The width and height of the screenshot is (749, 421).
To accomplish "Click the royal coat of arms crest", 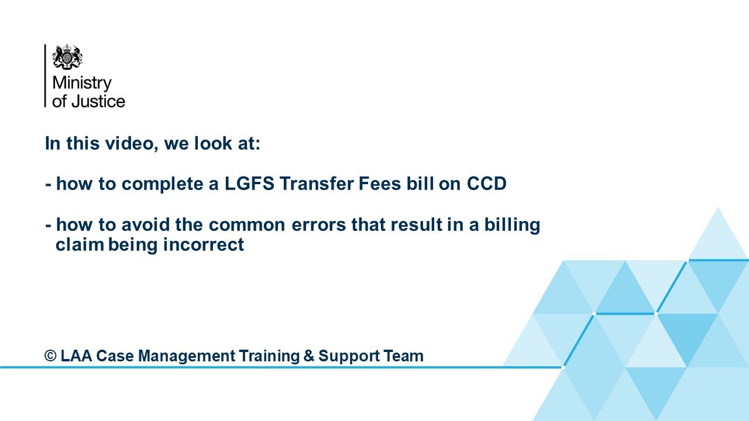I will tap(67, 57).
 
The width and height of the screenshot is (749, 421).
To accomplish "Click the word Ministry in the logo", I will tap(81, 84).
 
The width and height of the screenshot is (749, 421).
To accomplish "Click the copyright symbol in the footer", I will tap(51, 356).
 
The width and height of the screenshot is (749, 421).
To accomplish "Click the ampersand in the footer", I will tap(308, 356).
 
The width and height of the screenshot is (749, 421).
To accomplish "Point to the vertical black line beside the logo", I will tap(45, 76).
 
